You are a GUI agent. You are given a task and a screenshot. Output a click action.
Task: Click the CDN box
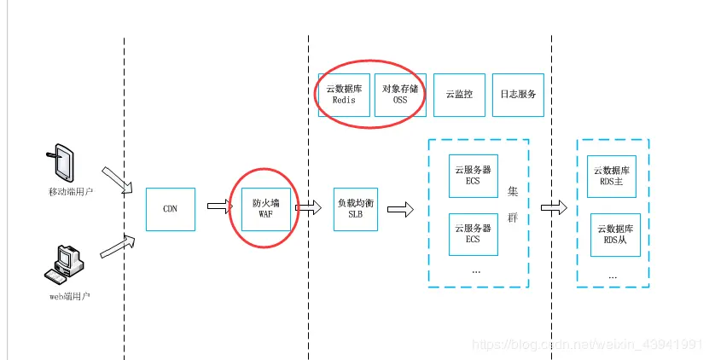[x=170, y=209]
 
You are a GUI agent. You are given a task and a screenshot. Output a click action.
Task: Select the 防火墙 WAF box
[x=265, y=209]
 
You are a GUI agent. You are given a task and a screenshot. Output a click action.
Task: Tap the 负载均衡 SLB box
[x=355, y=209]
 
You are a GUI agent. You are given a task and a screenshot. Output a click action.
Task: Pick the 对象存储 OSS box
[x=400, y=94]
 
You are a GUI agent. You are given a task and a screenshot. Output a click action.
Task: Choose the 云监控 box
[x=459, y=94]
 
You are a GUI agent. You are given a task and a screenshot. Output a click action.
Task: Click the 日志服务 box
[x=518, y=94]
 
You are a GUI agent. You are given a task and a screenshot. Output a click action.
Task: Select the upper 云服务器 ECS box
[x=473, y=175]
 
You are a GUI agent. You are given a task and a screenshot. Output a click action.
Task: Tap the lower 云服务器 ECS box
[x=473, y=234]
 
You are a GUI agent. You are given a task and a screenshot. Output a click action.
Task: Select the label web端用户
[x=68, y=296]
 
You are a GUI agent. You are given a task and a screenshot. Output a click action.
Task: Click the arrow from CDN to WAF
[x=218, y=206]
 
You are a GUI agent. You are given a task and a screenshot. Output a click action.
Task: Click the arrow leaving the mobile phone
[x=115, y=178]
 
